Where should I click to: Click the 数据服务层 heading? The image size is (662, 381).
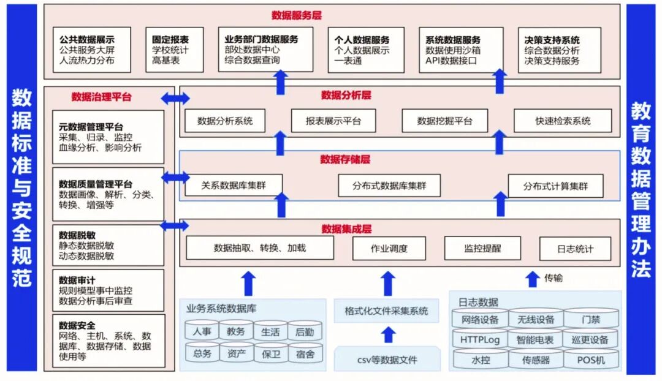(297, 15)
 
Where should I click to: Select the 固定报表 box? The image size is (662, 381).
(174, 50)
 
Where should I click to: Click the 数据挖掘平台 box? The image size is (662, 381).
(444, 121)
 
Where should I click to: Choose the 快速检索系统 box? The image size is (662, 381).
(562, 121)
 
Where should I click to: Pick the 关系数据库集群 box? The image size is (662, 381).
(234, 185)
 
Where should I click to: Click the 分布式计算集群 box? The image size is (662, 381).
(555, 186)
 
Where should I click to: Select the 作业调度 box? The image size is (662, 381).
(389, 248)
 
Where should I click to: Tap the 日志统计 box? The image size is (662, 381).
(575, 249)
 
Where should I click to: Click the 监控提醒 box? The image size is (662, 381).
(482, 248)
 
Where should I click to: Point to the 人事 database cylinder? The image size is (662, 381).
(202, 331)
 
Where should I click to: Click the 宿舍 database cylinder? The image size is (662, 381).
(305, 353)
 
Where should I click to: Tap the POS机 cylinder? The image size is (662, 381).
(591, 360)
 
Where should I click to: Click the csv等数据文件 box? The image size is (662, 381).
(387, 359)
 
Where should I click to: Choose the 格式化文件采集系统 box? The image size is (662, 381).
(387, 311)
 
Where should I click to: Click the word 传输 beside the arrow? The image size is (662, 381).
(554, 279)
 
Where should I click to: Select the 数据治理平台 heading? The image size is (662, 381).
(101, 97)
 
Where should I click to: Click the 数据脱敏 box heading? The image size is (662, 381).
(77, 235)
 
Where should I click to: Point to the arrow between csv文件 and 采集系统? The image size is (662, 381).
(387, 334)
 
